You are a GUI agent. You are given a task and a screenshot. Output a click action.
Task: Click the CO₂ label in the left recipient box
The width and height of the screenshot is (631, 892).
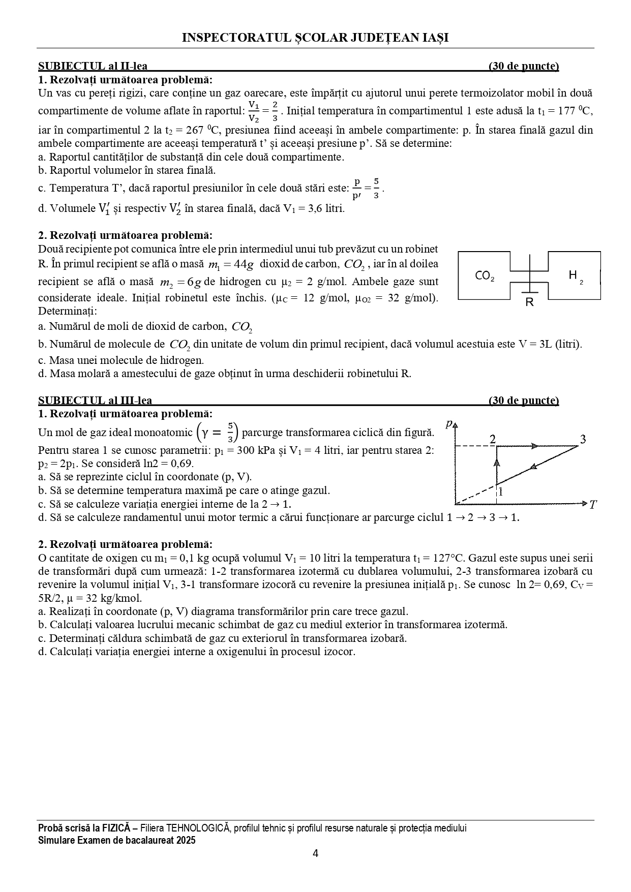pos(484,276)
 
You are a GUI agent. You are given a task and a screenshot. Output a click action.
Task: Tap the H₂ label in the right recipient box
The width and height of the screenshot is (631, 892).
pos(575,276)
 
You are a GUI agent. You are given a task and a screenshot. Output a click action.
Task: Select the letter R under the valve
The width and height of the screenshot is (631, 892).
pos(529,302)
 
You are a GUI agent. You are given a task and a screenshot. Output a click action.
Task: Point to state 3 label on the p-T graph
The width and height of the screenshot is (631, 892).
pos(583,440)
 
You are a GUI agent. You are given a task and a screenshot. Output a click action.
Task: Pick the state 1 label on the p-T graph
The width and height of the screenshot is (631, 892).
pos(500,491)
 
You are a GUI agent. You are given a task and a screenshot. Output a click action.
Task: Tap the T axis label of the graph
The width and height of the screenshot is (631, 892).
pos(593,505)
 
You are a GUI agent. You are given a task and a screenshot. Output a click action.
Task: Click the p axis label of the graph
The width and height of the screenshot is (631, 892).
pos(449,423)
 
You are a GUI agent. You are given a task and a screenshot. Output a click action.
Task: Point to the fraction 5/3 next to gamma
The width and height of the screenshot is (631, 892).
pos(230,433)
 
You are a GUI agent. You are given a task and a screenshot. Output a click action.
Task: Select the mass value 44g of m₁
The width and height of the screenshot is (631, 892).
pos(242,264)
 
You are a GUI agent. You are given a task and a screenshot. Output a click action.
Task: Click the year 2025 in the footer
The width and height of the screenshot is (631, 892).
pos(185,841)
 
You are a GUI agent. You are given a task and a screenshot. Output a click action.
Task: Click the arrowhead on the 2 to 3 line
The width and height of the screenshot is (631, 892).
pos(534,446)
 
